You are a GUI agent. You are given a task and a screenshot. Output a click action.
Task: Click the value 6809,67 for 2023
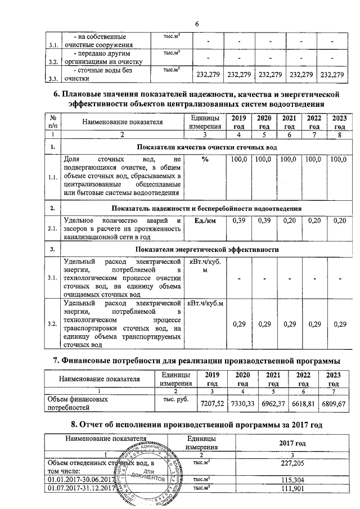[x=333, y=404]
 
